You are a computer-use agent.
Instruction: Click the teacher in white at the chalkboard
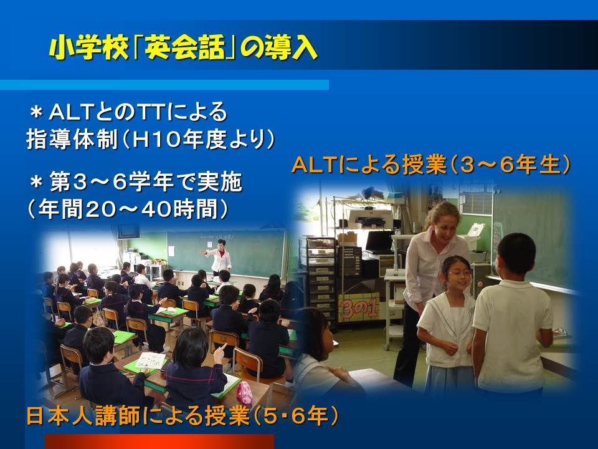(219, 256)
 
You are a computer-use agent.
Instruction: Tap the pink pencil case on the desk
(244, 392)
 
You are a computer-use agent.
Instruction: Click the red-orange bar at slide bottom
(159, 441)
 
